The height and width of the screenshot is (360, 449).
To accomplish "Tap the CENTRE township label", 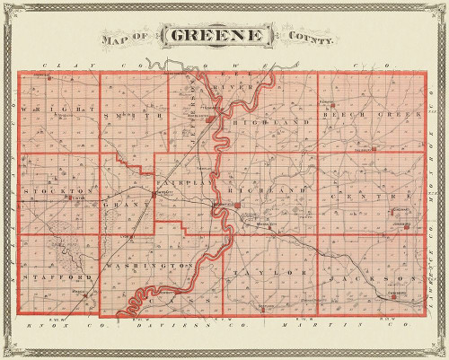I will click(358, 195).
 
